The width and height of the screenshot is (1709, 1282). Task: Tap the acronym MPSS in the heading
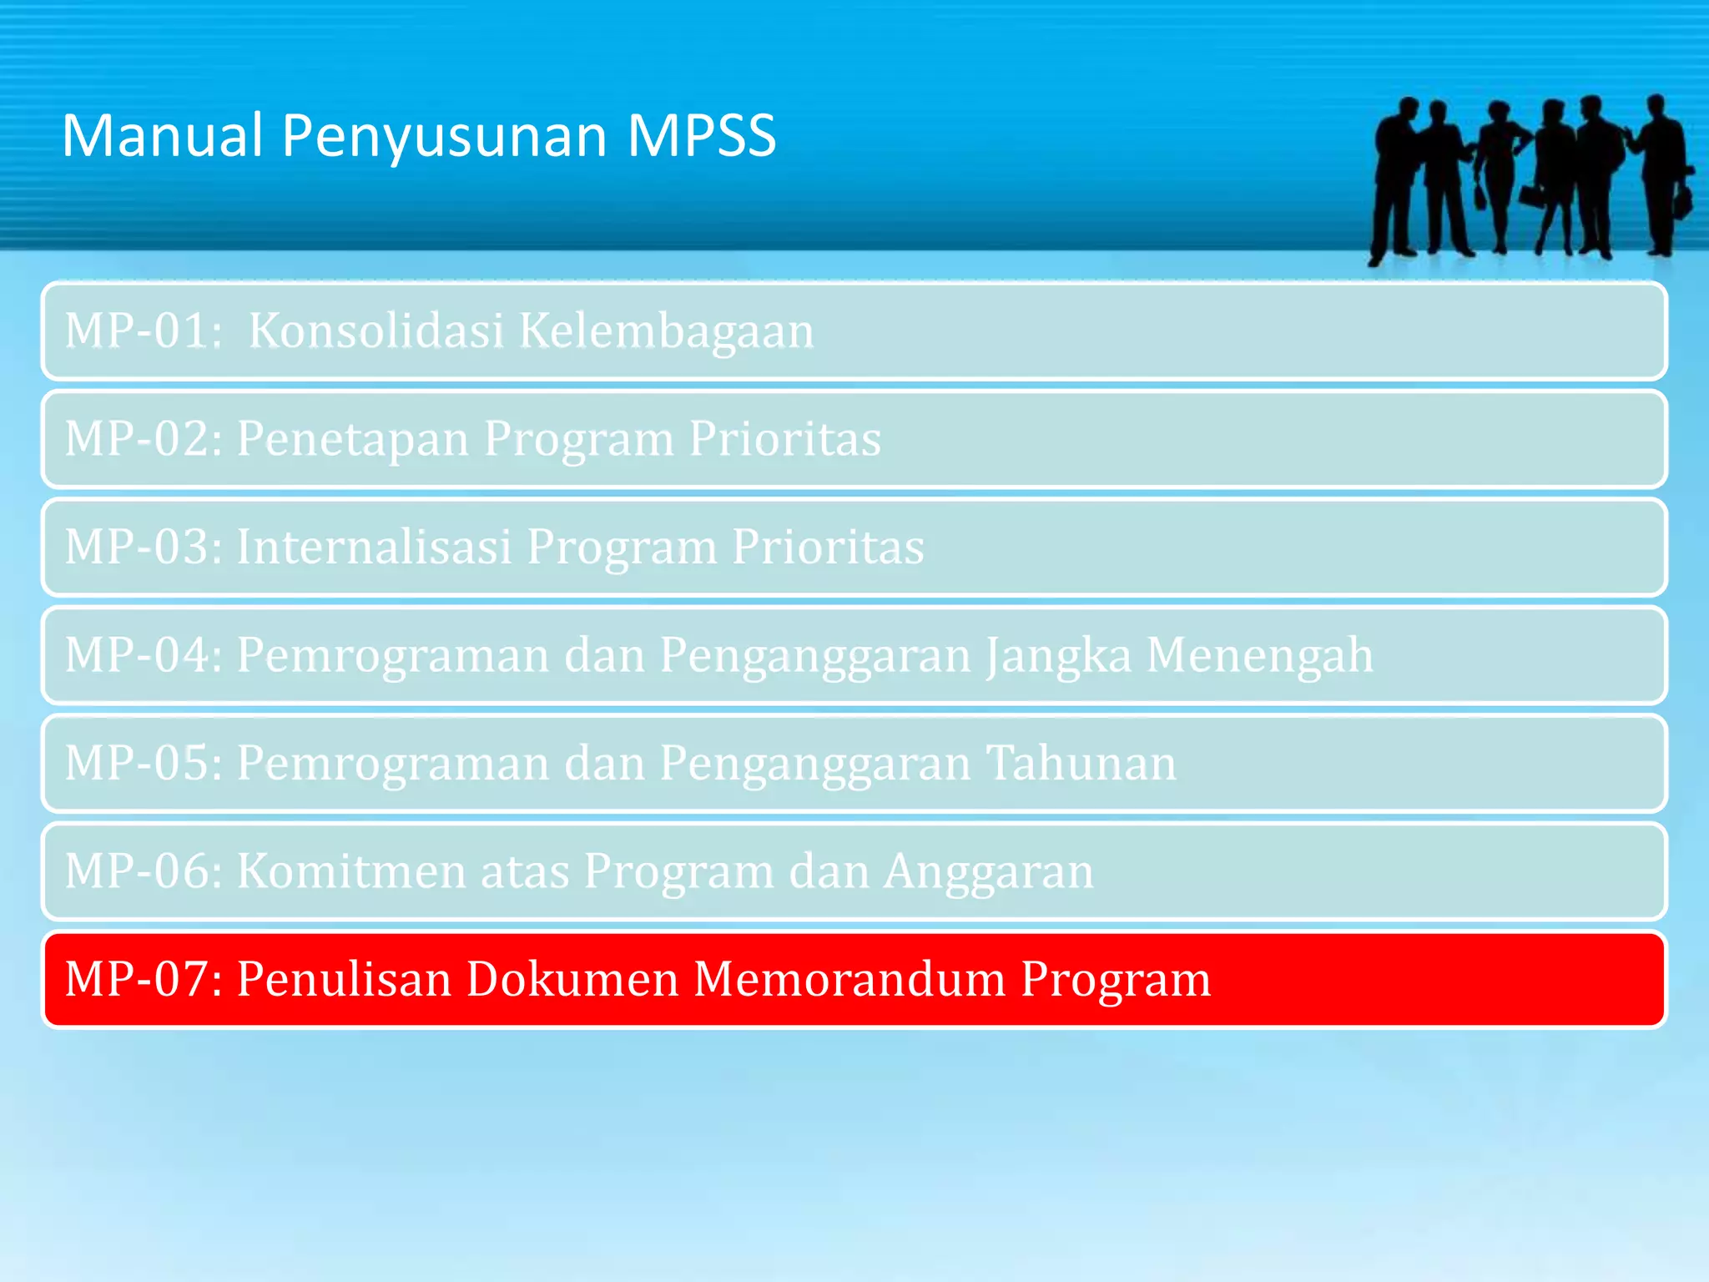701,135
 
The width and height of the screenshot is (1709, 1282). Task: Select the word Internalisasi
374,547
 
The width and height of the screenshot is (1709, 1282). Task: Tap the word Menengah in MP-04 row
1259,656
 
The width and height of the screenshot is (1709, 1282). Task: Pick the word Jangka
1058,656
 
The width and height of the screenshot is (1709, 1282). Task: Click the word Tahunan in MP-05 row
1081,763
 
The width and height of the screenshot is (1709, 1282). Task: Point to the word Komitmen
351,871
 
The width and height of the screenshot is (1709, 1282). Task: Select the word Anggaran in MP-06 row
988,873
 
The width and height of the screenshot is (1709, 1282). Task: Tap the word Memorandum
849,979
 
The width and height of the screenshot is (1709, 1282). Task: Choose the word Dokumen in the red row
572,979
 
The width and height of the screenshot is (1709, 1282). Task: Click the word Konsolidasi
376,331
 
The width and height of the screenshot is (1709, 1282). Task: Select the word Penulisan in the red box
344,979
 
